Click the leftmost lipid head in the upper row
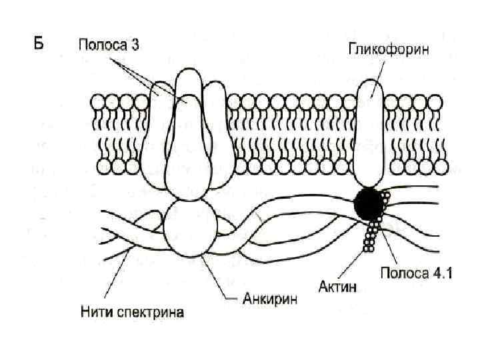click(97, 101)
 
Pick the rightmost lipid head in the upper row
click(435, 101)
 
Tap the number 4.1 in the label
click(441, 272)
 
